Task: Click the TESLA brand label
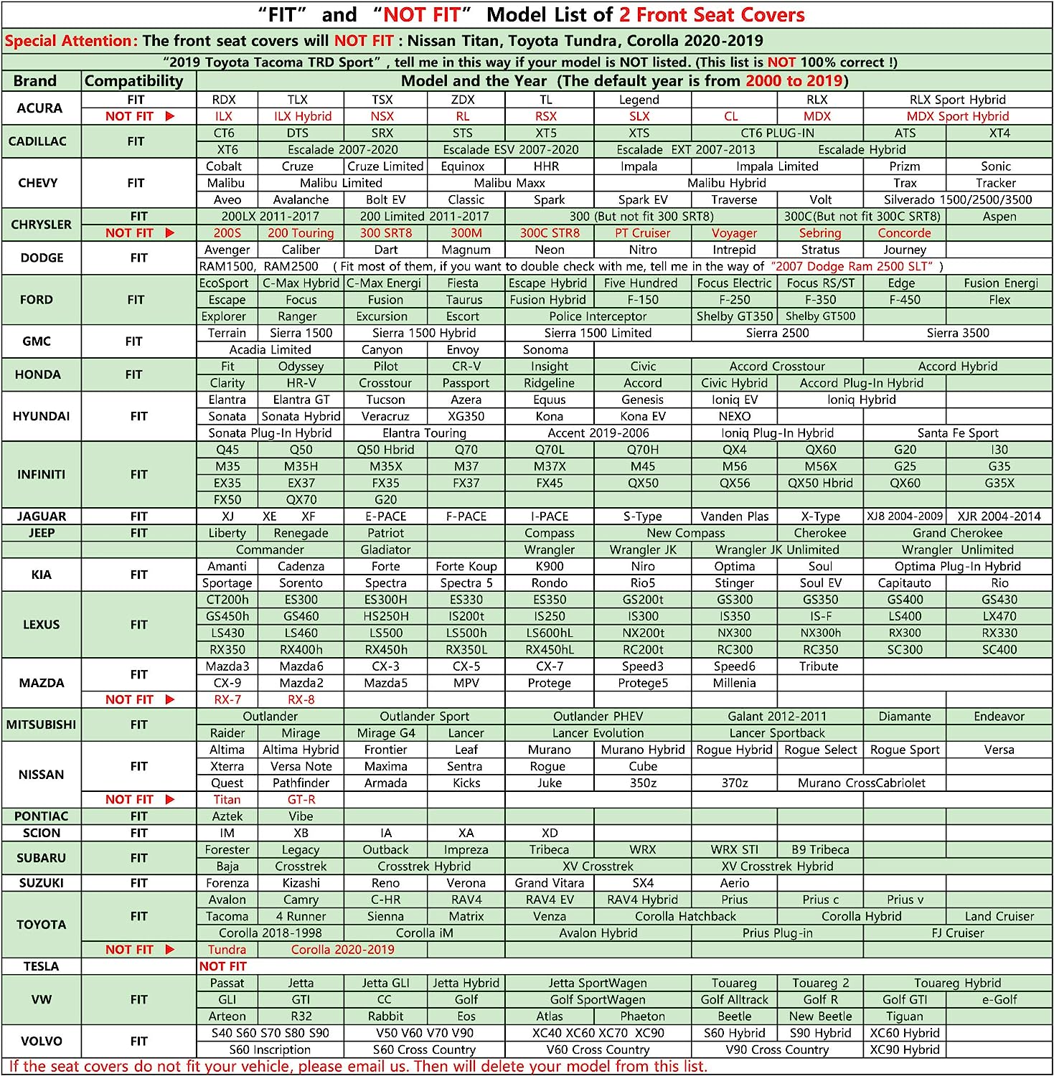41,966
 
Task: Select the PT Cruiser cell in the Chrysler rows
642,233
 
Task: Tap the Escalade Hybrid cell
861,150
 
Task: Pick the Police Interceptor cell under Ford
598,316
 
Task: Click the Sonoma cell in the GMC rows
545,350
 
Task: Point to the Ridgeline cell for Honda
549,383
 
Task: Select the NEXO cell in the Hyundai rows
734,416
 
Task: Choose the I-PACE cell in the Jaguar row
549,516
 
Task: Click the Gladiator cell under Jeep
385,549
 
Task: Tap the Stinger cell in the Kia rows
734,583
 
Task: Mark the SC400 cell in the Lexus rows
999,650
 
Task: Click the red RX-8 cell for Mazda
301,699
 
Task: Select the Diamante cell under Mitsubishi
904,717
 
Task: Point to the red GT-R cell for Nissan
301,800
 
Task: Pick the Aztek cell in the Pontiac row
227,816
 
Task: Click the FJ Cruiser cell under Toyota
957,933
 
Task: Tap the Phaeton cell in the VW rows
642,1016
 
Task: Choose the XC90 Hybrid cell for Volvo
904,1049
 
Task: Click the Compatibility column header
134,81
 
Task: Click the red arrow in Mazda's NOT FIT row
170,699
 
